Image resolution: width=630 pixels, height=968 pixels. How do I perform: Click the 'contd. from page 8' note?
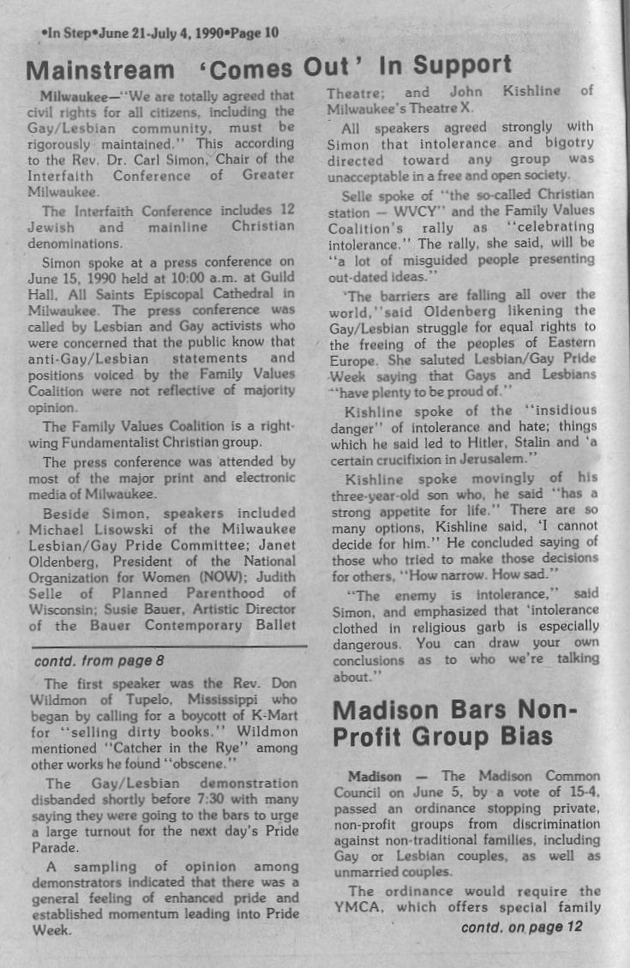(x=99, y=661)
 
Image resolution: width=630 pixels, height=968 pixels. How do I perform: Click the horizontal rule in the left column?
(x=167, y=644)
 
